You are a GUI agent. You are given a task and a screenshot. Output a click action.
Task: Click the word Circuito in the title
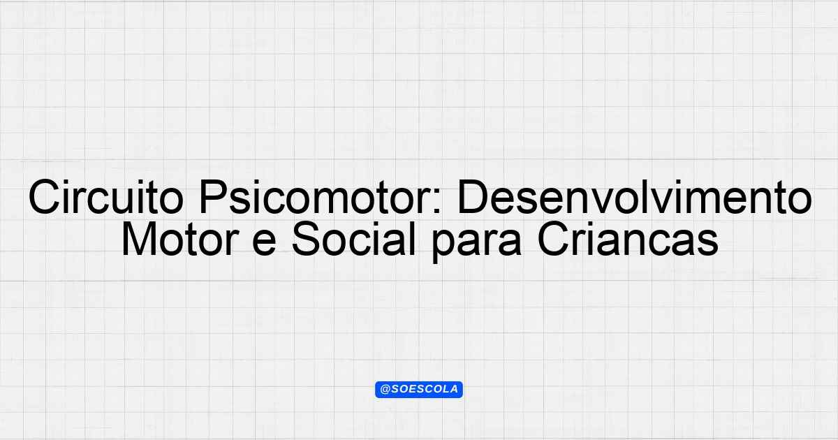click(106, 197)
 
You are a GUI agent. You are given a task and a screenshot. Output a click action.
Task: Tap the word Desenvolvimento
click(635, 197)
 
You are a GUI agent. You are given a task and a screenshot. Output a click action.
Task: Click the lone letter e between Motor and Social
click(264, 243)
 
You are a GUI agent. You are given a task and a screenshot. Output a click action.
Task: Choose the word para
click(476, 243)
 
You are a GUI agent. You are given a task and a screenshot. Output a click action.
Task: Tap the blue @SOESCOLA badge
click(419, 390)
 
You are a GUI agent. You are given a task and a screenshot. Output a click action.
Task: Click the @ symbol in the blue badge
click(385, 390)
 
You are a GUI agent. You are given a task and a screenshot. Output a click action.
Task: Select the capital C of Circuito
click(44, 197)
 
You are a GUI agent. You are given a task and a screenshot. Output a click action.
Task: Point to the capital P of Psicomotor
click(214, 197)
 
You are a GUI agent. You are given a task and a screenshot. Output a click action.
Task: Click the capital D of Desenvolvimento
click(473, 197)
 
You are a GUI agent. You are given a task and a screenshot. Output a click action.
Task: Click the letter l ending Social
click(413, 238)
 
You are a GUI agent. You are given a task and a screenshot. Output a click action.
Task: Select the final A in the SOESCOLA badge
click(454, 390)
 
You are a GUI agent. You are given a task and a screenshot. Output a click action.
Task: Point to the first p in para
click(443, 247)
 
